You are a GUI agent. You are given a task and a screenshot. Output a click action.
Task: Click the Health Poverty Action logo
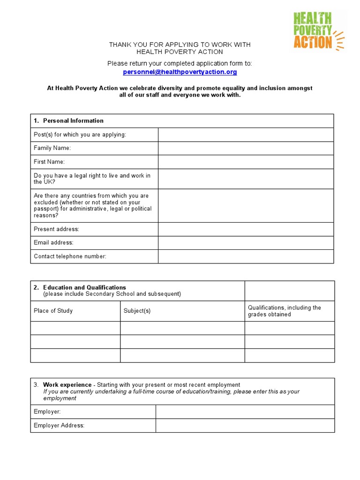pyautogui.click(x=318, y=30)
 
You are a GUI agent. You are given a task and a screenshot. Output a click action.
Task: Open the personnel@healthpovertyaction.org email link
pyautogui.click(x=180, y=72)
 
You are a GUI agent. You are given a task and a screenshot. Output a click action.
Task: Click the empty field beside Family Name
pyautogui.click(x=246, y=148)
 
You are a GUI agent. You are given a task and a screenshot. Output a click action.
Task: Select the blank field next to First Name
pyautogui.click(x=246, y=162)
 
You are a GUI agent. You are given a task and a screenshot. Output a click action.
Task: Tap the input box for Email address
pyautogui.click(x=246, y=243)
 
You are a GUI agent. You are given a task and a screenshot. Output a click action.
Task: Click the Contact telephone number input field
pyautogui.click(x=246, y=256)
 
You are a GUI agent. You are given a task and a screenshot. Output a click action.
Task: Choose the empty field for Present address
pyautogui.click(x=246, y=229)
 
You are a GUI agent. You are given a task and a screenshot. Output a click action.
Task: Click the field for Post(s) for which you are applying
pyautogui.click(x=246, y=135)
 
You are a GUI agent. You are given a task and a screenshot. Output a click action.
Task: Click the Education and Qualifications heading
pyautogui.click(x=84, y=287)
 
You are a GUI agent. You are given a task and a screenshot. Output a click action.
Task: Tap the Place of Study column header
pyautogui.click(x=53, y=311)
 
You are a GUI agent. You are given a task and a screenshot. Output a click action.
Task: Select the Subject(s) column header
pyautogui.click(x=137, y=311)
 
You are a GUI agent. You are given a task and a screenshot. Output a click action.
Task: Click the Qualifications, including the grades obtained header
pyautogui.click(x=285, y=311)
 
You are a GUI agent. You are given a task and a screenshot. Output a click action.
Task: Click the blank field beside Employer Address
pyautogui.click(x=245, y=426)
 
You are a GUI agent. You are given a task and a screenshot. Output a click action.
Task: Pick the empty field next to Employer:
pyautogui.click(x=245, y=412)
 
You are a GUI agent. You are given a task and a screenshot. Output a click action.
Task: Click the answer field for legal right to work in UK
pyautogui.click(x=246, y=179)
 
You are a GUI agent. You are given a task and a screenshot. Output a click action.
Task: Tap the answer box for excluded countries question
pyautogui.click(x=246, y=205)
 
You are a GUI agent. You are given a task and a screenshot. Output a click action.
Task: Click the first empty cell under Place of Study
pyautogui.click(x=75, y=328)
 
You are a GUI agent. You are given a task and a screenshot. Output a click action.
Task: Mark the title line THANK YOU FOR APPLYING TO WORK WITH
pyautogui.click(x=180, y=45)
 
